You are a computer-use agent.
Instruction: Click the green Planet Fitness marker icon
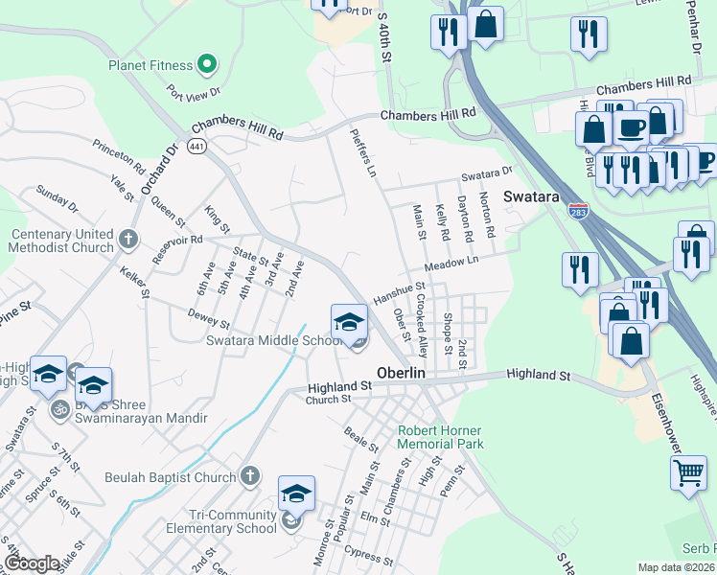tap(206, 65)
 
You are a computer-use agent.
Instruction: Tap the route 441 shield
tap(197, 147)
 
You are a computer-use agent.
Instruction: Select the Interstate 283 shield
tap(577, 208)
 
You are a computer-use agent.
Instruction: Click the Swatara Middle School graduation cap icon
tap(350, 321)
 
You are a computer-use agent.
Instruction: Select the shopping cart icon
tap(688, 471)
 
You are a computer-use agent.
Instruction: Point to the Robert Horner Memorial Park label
tap(441, 437)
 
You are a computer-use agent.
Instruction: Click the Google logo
tap(32, 563)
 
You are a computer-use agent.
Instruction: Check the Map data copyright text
tap(677, 567)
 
